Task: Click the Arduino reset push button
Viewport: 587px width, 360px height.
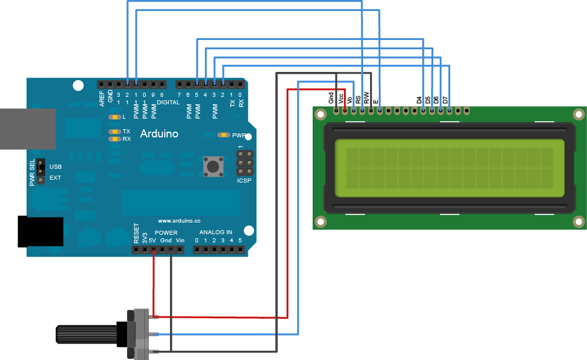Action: pyautogui.click(x=212, y=167)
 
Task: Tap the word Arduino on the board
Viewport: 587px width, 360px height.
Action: pyautogui.click(x=159, y=134)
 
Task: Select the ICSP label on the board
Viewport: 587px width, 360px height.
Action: pyautogui.click(x=245, y=181)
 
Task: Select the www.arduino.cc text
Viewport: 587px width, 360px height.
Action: pyautogui.click(x=179, y=221)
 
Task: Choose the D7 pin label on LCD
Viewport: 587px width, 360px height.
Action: pyautogui.click(x=445, y=100)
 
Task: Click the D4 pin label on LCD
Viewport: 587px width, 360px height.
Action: pyautogui.click(x=419, y=100)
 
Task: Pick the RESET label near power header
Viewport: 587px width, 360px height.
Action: pyautogui.click(x=136, y=233)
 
